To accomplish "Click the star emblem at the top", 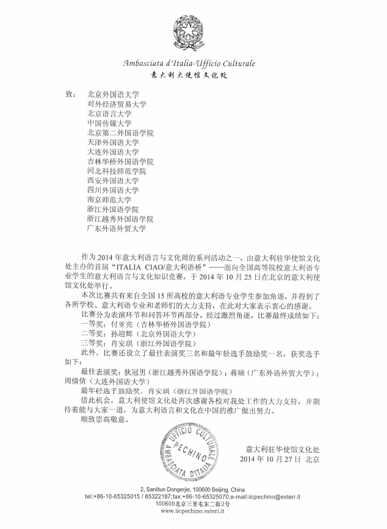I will pos(193,32).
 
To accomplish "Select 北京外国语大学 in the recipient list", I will pos(114,95).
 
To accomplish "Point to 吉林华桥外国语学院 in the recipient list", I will pos(120,162).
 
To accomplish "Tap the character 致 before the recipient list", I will pos(68,95).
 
